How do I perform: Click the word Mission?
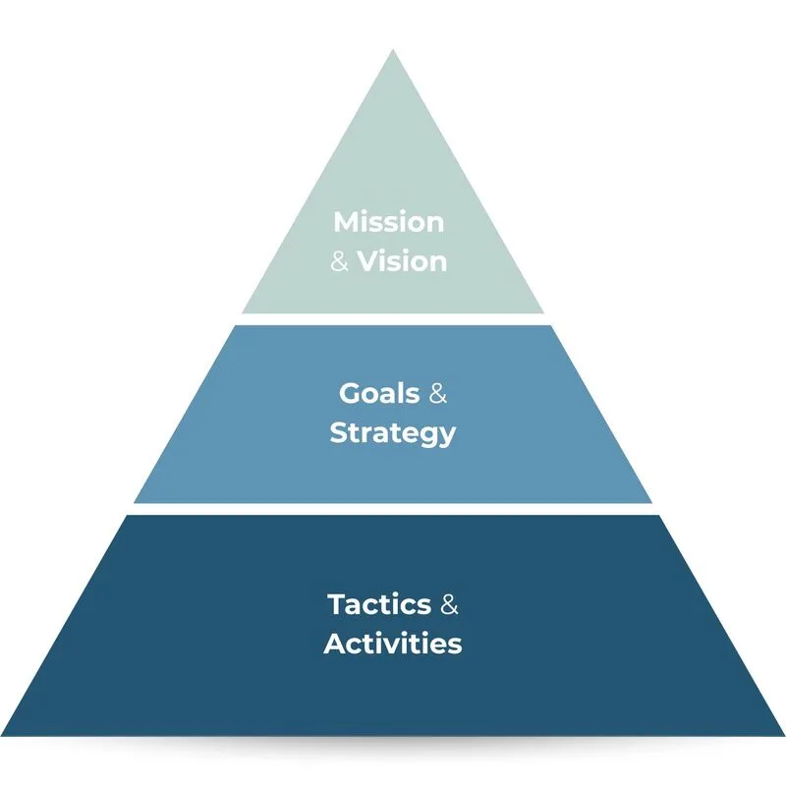(x=389, y=222)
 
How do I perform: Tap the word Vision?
(x=402, y=261)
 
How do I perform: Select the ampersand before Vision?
(x=339, y=261)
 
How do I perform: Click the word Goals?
(x=379, y=393)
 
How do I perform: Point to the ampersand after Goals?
(x=437, y=394)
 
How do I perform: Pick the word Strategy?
(x=393, y=433)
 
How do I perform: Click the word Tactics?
(x=379, y=604)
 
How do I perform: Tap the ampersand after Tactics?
(x=449, y=604)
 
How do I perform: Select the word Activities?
(x=393, y=644)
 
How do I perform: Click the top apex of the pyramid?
(x=393, y=49)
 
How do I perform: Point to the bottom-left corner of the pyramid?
(x=1, y=735)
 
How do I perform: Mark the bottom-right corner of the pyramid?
(x=784, y=735)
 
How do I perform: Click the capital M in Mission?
(x=347, y=222)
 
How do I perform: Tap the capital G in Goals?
(x=350, y=394)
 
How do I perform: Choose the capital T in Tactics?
(x=337, y=604)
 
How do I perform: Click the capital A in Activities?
(x=335, y=644)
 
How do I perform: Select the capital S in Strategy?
(x=338, y=432)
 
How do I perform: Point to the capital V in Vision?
(x=368, y=262)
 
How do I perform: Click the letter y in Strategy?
(x=447, y=437)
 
